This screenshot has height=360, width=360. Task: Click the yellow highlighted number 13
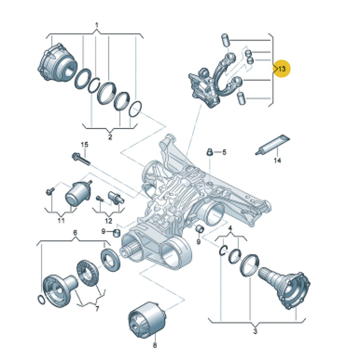pyautogui.click(x=282, y=68)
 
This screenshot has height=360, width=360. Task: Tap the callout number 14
pyautogui.click(x=277, y=160)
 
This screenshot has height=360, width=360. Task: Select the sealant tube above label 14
pyautogui.click(x=273, y=145)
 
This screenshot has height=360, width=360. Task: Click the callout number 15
pyautogui.click(x=85, y=144)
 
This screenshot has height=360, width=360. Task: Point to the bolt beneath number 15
pyautogui.click(x=81, y=159)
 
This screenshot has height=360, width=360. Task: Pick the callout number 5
pyautogui.click(x=224, y=152)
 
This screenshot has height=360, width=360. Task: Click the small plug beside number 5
pyautogui.click(x=209, y=152)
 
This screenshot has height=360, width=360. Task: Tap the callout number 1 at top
pyautogui.click(x=97, y=25)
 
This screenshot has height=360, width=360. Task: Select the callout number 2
pyautogui.click(x=110, y=137)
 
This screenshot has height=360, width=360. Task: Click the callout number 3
pyautogui.click(x=255, y=331)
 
